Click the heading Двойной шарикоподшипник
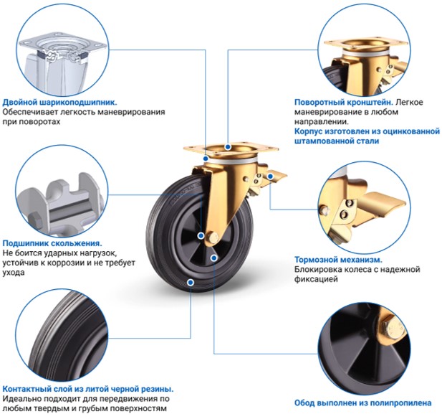(x=59, y=102)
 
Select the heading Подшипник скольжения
(x=52, y=243)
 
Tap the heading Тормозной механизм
(x=338, y=260)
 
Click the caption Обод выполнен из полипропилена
(x=362, y=402)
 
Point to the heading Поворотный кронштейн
(x=344, y=102)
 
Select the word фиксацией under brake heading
(x=316, y=279)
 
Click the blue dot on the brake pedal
(x=270, y=176)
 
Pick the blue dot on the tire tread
(x=191, y=282)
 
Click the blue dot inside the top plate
(x=228, y=147)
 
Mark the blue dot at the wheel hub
(x=201, y=235)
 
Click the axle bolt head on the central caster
(x=213, y=237)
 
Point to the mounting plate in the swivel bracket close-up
(x=366, y=44)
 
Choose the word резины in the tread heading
(x=158, y=389)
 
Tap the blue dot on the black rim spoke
(x=214, y=258)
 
